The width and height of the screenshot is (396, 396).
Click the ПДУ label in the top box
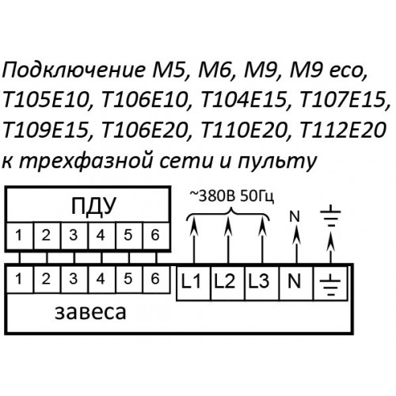[x=93, y=205]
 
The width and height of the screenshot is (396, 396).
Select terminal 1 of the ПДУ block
[x=20, y=235]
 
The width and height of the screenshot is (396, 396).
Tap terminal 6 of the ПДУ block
[x=155, y=235]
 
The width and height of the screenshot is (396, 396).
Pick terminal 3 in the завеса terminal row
[x=74, y=280]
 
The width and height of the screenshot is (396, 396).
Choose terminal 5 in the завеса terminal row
[x=128, y=280]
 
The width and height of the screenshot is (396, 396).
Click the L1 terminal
[x=194, y=283]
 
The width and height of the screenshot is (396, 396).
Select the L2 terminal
[x=228, y=283]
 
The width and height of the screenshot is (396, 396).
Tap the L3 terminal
[x=262, y=283]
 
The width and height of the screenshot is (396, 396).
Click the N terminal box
[x=296, y=283]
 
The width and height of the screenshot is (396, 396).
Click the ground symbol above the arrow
[x=330, y=219]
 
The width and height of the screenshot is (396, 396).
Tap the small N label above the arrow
[x=295, y=216]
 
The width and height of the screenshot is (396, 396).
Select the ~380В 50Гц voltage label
[x=232, y=196]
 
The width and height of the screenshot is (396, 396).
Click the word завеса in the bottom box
[x=90, y=313]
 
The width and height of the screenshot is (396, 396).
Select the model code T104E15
[x=244, y=101]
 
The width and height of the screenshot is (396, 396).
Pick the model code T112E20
[x=344, y=130]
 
